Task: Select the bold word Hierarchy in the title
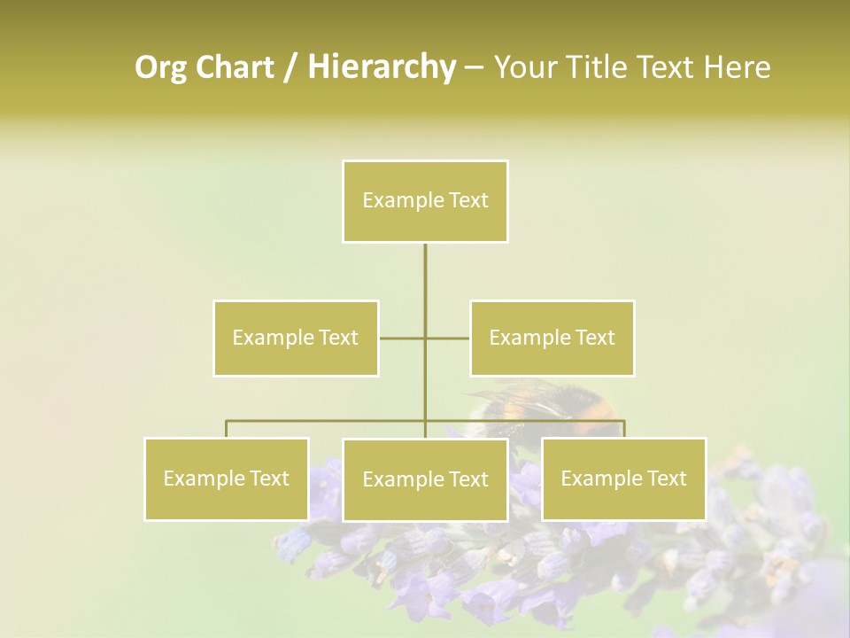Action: (x=381, y=67)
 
